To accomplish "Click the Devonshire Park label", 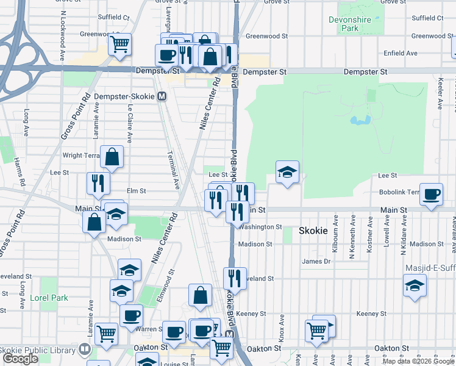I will point(350,24).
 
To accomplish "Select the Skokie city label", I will point(313,231).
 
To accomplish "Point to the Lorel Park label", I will point(49,298).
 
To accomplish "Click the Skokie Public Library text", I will point(37,350).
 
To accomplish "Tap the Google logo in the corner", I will point(20,359).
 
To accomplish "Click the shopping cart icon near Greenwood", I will point(120,44).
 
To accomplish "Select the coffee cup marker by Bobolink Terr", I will point(431,195).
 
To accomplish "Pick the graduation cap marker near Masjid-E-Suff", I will point(415,285).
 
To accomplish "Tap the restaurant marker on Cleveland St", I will point(235,279).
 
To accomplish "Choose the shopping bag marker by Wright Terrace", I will point(112,157).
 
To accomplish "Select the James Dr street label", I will point(316,261).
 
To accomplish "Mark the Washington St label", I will point(260,227).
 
